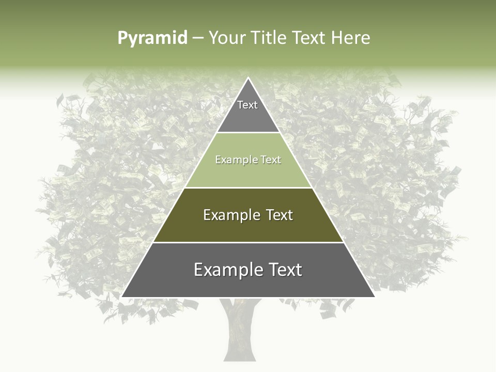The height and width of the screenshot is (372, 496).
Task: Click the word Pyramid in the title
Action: point(152,38)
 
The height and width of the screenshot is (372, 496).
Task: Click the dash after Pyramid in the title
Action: point(198,38)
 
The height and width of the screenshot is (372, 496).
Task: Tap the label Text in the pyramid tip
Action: point(247,105)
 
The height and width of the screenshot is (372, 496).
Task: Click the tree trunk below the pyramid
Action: point(239,331)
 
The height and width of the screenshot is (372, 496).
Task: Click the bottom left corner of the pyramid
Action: point(121,297)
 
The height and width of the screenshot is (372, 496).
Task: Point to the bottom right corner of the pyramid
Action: point(375,297)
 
